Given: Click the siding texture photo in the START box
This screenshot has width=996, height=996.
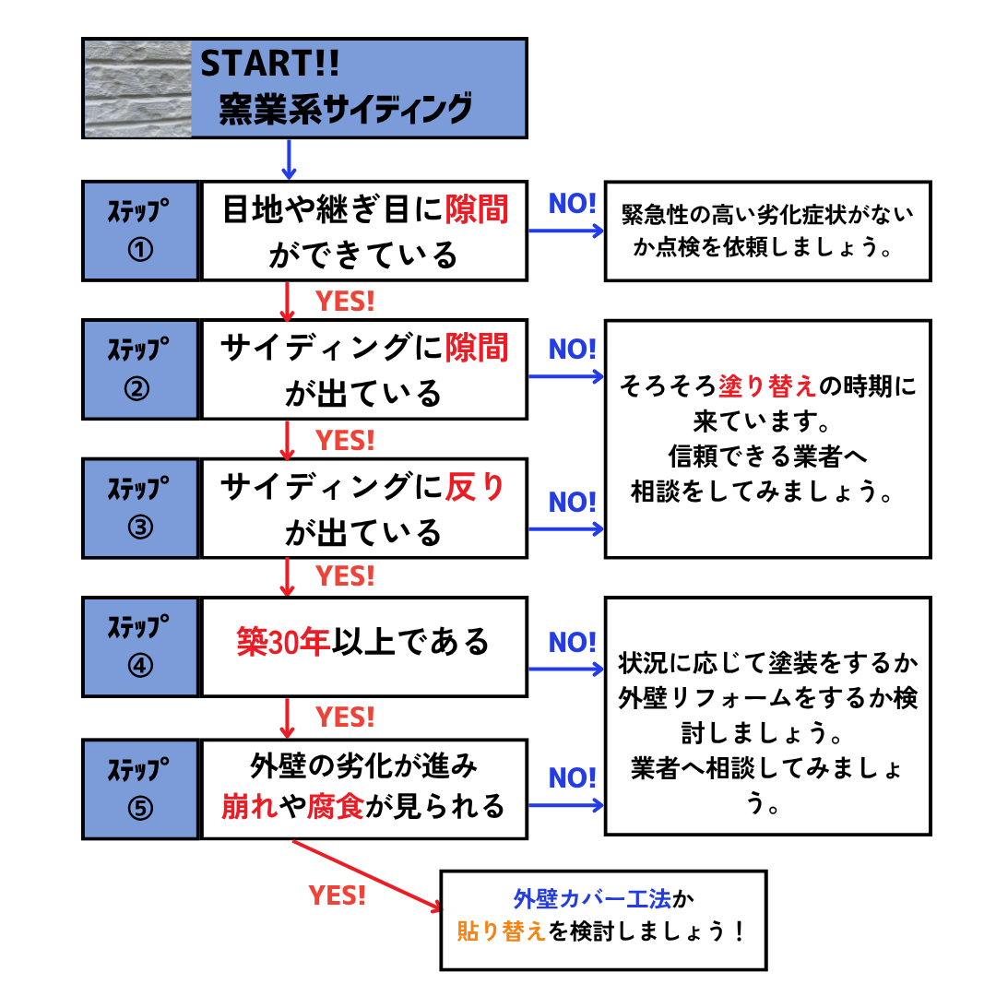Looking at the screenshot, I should [x=137, y=89].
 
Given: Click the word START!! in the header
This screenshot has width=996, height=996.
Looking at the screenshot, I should [x=270, y=64].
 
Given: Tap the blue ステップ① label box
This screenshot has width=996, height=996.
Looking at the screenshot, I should [x=140, y=231].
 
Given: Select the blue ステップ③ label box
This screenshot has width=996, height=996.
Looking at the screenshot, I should [x=140, y=507].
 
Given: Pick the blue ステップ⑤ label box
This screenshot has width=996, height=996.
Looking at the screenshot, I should [x=140, y=788].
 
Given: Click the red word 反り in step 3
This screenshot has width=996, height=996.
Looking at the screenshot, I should [x=475, y=486].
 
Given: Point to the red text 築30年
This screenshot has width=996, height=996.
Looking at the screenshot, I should [x=282, y=643].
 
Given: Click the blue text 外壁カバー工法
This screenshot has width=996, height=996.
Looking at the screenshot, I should [x=593, y=897].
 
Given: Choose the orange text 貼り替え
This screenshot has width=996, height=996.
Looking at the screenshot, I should [x=501, y=931].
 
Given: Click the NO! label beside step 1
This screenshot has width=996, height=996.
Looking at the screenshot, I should [x=573, y=204].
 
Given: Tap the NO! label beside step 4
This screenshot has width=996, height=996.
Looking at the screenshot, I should [x=573, y=642].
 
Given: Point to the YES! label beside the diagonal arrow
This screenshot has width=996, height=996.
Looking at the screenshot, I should [x=338, y=895].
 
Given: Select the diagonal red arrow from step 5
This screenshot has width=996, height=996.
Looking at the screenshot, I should [x=367, y=874].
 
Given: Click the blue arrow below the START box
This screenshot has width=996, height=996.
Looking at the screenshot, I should [x=289, y=159].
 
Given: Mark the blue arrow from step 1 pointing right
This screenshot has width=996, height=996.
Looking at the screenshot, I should [x=564, y=231].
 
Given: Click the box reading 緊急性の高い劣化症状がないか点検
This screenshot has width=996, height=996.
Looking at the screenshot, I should [x=767, y=231].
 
